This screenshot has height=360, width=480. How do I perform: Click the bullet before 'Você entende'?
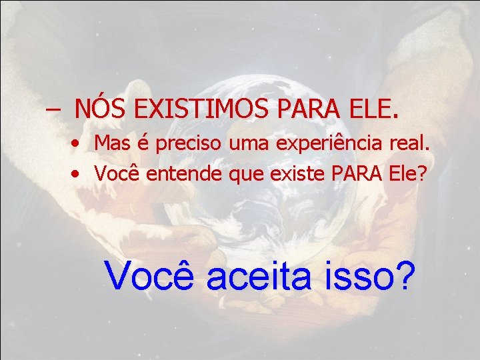tap(78, 175)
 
